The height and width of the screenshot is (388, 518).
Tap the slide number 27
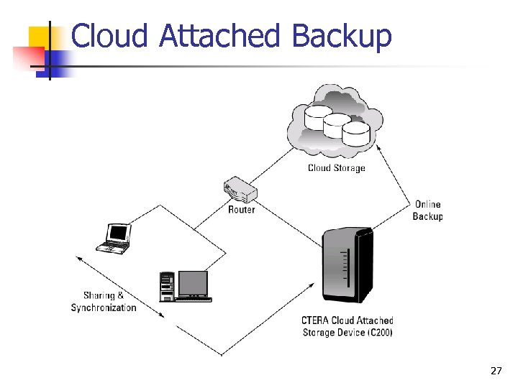click(496, 371)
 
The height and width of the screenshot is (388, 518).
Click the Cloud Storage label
click(336, 168)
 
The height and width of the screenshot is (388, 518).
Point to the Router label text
click(241, 210)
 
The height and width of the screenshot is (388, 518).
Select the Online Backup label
click(427, 211)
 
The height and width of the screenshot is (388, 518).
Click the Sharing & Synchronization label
click(104, 302)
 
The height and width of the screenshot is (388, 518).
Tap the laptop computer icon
click(115, 238)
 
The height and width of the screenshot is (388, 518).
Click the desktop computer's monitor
click(194, 284)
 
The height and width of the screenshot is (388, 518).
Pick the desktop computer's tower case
click(167, 287)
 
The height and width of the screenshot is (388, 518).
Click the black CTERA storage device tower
click(347, 266)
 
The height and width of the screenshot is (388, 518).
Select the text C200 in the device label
click(379, 333)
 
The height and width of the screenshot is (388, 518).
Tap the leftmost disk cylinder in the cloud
click(317, 116)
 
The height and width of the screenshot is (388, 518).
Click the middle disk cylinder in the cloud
click(336, 125)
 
